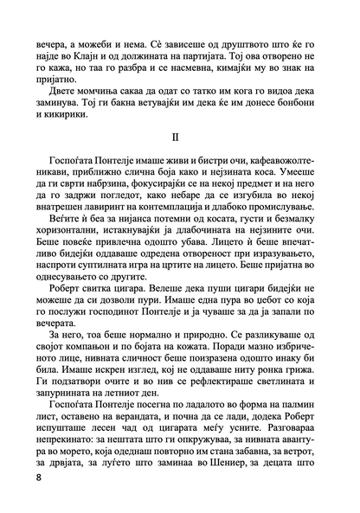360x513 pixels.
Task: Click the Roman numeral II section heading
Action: coord(180,138)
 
